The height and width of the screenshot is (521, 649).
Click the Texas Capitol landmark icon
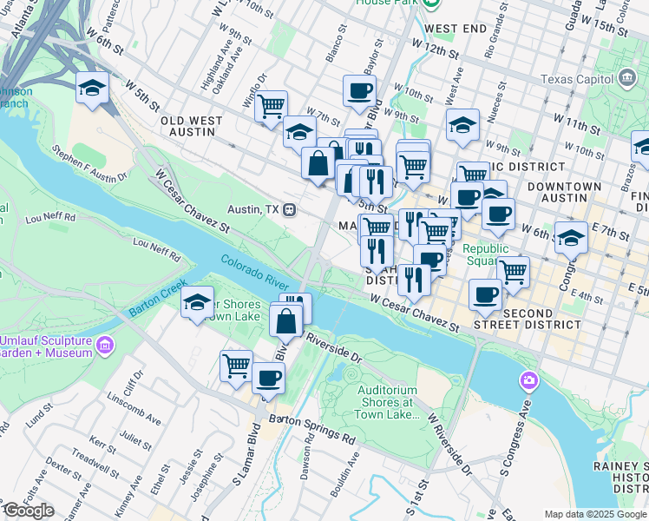(x=626, y=80)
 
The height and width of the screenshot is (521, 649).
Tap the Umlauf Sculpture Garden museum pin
(x=106, y=346)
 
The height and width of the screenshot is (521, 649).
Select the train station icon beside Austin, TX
(x=291, y=210)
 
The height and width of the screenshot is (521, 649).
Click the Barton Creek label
(x=157, y=298)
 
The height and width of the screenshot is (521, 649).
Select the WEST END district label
(x=456, y=29)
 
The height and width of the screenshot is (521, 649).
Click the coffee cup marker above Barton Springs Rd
(x=269, y=379)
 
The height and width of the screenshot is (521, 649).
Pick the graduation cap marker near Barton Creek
(x=198, y=302)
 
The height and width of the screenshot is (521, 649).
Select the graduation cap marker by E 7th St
(x=571, y=236)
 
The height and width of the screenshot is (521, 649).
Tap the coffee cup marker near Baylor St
(x=359, y=89)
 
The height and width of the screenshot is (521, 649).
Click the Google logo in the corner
(x=28, y=511)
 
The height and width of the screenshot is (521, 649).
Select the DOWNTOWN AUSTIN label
(x=564, y=193)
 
